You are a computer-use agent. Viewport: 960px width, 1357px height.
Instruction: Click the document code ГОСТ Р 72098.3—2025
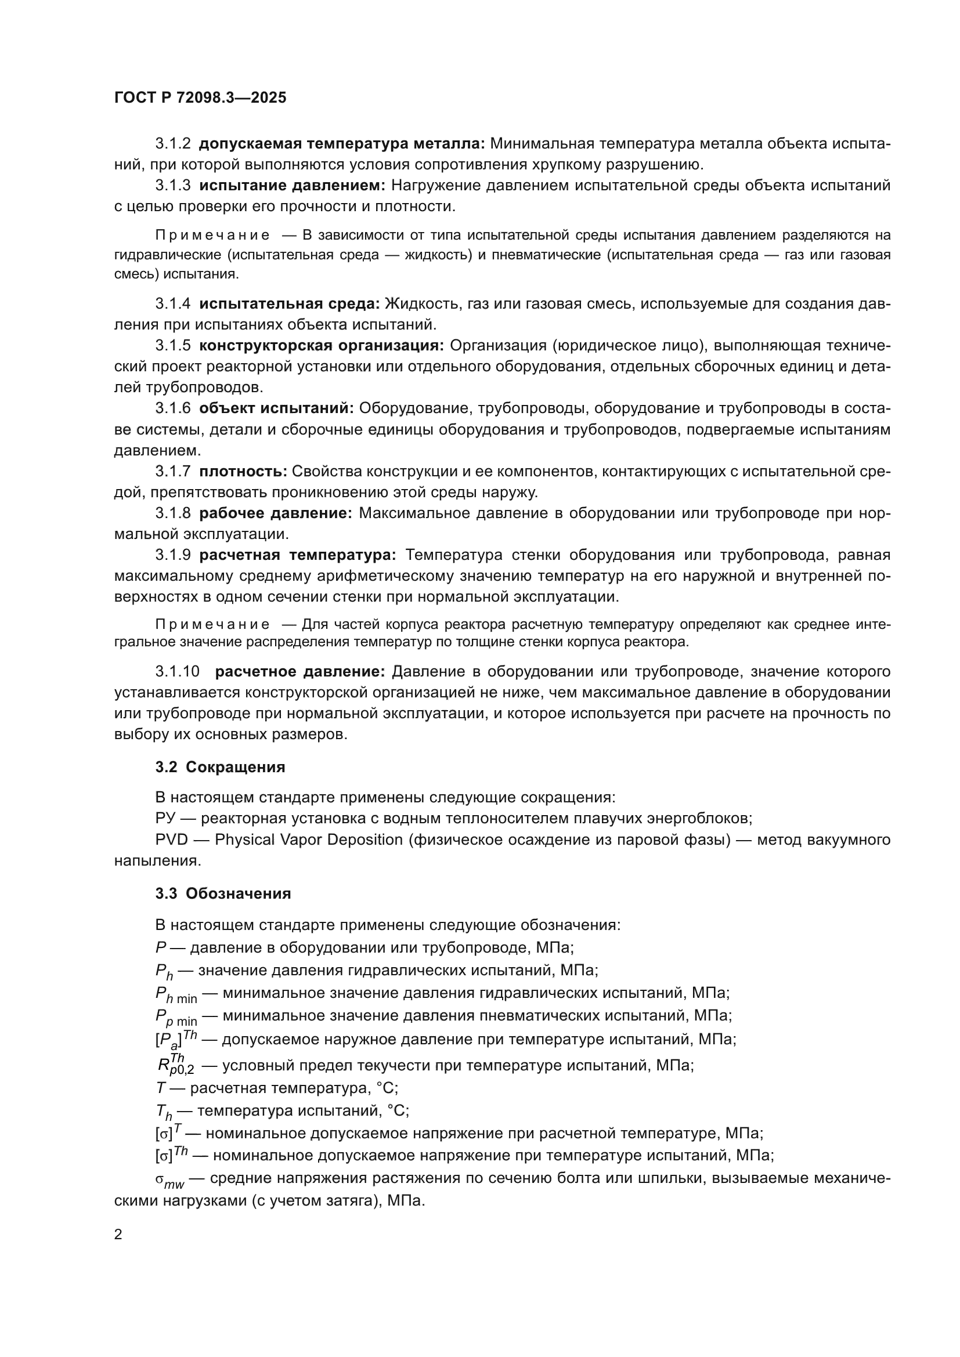pos(200,97)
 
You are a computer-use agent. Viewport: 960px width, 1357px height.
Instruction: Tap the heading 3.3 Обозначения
pos(223,893)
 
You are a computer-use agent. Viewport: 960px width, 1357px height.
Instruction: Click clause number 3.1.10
pos(178,671)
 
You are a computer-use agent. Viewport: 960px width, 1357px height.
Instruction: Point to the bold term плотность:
pos(243,471)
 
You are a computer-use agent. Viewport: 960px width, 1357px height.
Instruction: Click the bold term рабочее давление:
pos(276,513)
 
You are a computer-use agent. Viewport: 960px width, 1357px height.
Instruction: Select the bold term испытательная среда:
pos(290,304)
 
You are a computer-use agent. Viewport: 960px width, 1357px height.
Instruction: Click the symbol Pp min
pos(175,1017)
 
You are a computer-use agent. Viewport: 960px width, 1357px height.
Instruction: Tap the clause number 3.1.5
pos(172,345)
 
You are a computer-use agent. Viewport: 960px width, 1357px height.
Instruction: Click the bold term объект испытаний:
pos(276,408)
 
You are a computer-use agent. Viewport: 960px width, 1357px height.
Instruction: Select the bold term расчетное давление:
pos(299,671)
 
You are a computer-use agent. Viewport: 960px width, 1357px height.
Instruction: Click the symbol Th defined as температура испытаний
pos(164,1112)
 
